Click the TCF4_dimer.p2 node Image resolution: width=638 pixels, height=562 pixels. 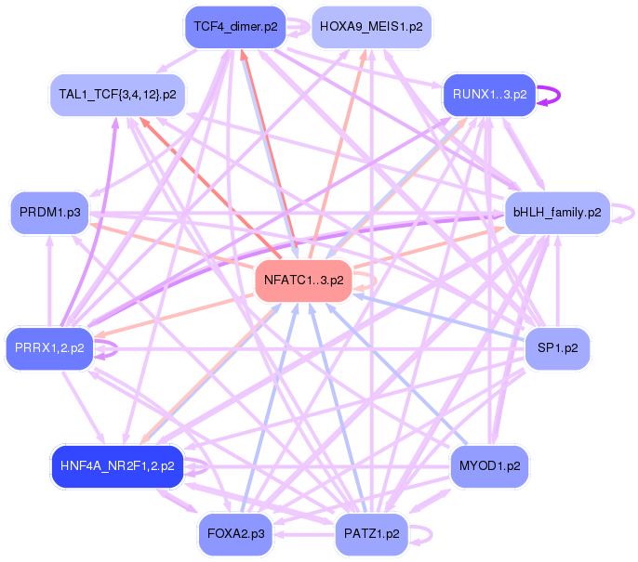click(235, 27)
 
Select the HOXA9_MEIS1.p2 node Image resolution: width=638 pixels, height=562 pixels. click(371, 27)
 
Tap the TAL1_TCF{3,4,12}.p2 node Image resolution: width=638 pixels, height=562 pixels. click(117, 95)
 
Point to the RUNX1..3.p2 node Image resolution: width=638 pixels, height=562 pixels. click(489, 95)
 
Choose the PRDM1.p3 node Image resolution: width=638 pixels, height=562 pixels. click(49, 213)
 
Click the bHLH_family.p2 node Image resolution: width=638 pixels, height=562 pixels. click(557, 213)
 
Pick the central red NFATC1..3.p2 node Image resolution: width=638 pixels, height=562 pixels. click(303, 281)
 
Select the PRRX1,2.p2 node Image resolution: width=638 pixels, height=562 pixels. click(49, 348)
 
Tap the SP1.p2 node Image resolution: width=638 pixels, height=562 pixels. click(557, 348)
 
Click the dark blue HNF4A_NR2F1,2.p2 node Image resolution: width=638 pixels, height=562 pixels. click(117, 466)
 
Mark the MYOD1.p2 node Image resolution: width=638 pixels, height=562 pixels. click(489, 466)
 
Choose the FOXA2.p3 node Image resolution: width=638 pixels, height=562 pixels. click(235, 534)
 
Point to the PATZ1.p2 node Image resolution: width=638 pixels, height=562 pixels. click(371, 534)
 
